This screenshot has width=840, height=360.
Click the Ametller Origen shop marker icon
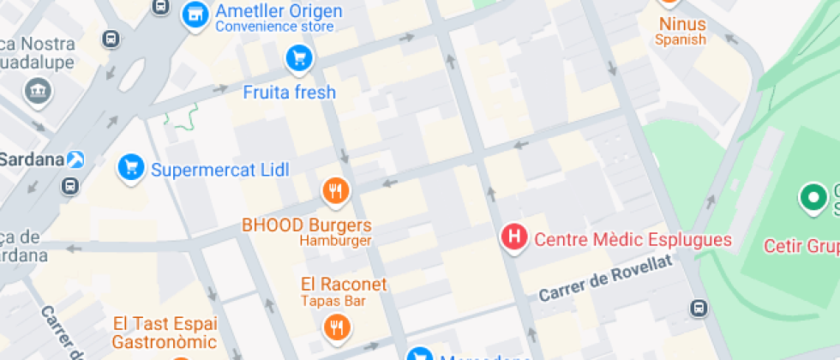(x=196, y=14)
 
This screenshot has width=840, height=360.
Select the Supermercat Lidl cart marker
(x=130, y=167)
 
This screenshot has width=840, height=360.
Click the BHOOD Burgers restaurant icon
(x=335, y=191)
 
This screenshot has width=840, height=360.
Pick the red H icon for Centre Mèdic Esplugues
(x=513, y=237)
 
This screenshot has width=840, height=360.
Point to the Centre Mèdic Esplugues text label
(x=633, y=239)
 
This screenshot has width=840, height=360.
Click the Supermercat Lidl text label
(x=220, y=170)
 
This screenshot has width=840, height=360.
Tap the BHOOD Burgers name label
(x=307, y=225)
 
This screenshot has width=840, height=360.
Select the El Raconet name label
(x=344, y=284)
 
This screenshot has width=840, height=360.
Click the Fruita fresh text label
(x=290, y=93)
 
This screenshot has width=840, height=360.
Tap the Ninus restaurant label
(x=681, y=24)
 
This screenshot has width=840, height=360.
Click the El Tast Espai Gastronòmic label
(x=165, y=333)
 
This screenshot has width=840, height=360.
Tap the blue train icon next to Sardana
(x=76, y=159)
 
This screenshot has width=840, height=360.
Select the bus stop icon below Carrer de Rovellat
(x=700, y=308)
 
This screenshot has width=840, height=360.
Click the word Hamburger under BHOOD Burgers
(x=335, y=241)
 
